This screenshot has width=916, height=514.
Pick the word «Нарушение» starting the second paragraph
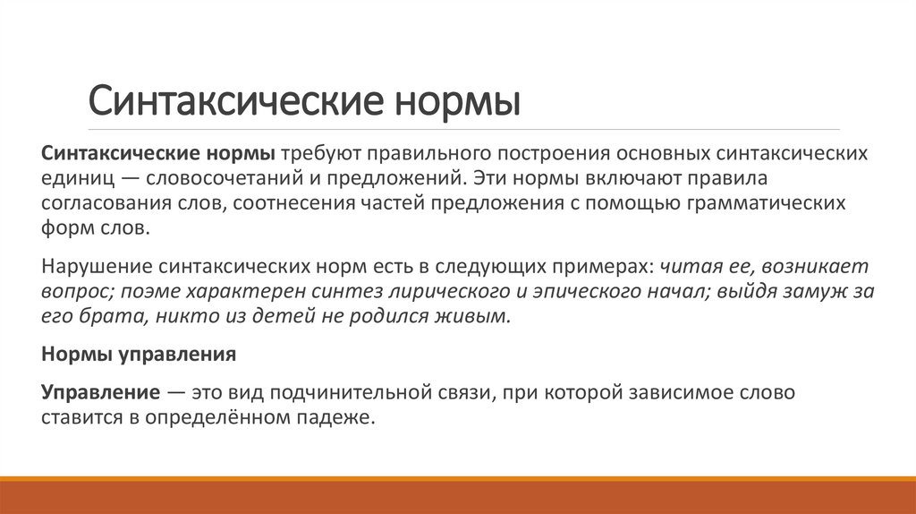(97, 266)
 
